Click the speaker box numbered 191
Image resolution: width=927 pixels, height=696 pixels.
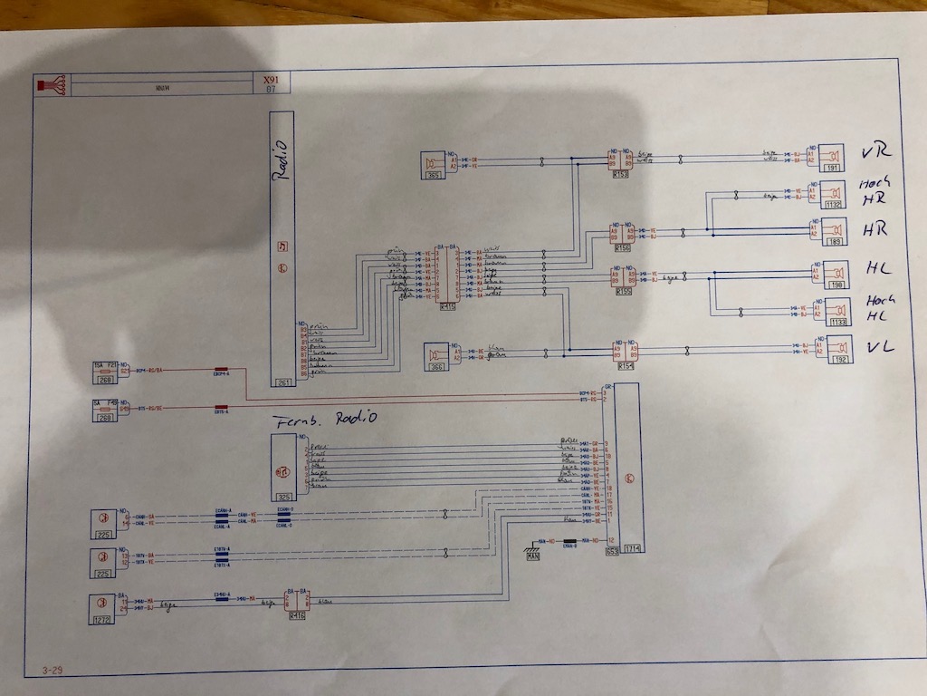[829, 159]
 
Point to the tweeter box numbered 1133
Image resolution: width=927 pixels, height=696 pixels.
[831, 310]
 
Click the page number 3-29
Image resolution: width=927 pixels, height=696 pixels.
[52, 672]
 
